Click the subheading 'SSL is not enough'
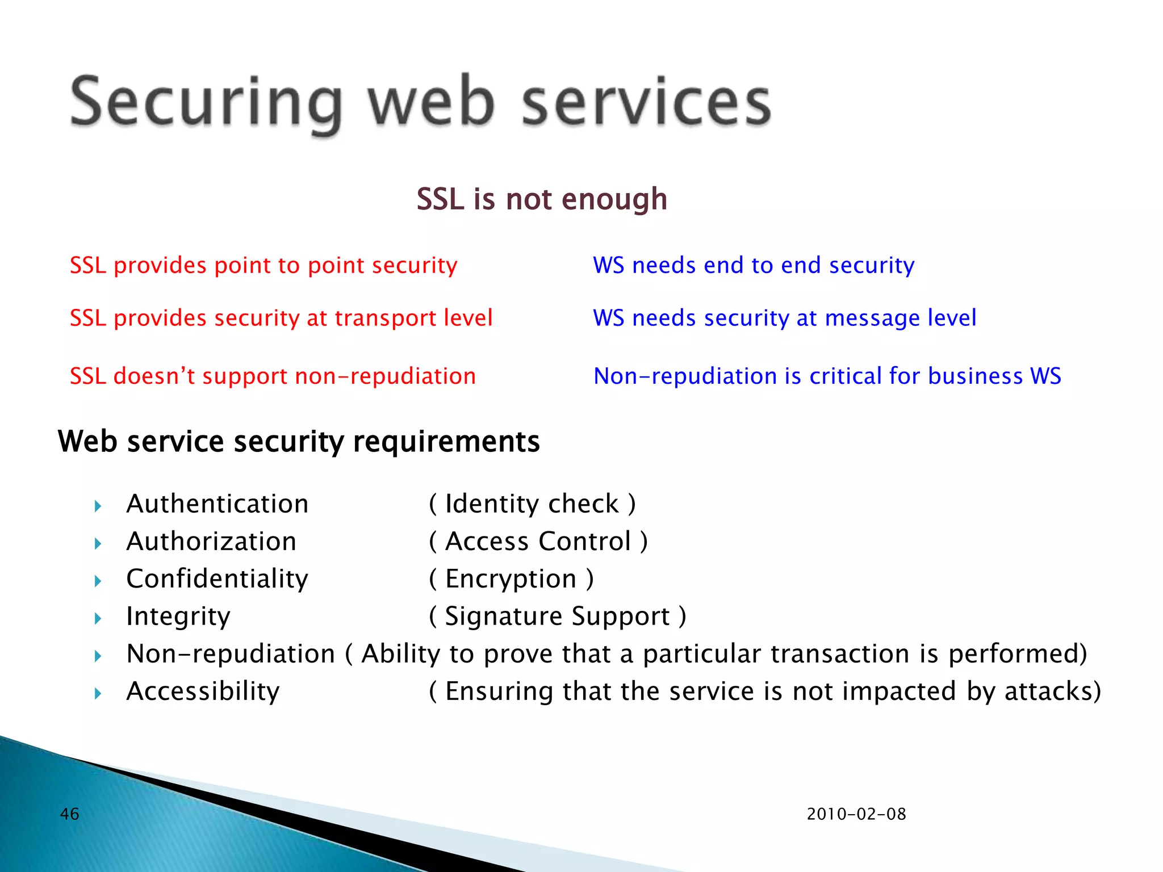click(x=542, y=199)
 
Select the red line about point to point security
click(x=263, y=266)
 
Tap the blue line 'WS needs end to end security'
click(x=754, y=266)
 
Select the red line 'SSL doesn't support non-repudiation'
click(x=273, y=376)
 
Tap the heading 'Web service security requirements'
click(x=299, y=442)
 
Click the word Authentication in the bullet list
click(x=217, y=504)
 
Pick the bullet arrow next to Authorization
click(x=98, y=543)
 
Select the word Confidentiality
click(x=217, y=579)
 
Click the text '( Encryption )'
click(x=511, y=580)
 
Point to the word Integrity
click(x=178, y=617)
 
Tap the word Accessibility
click(x=203, y=691)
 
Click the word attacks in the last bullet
click(x=1048, y=691)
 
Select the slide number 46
click(x=69, y=814)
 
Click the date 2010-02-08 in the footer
click(x=856, y=814)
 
